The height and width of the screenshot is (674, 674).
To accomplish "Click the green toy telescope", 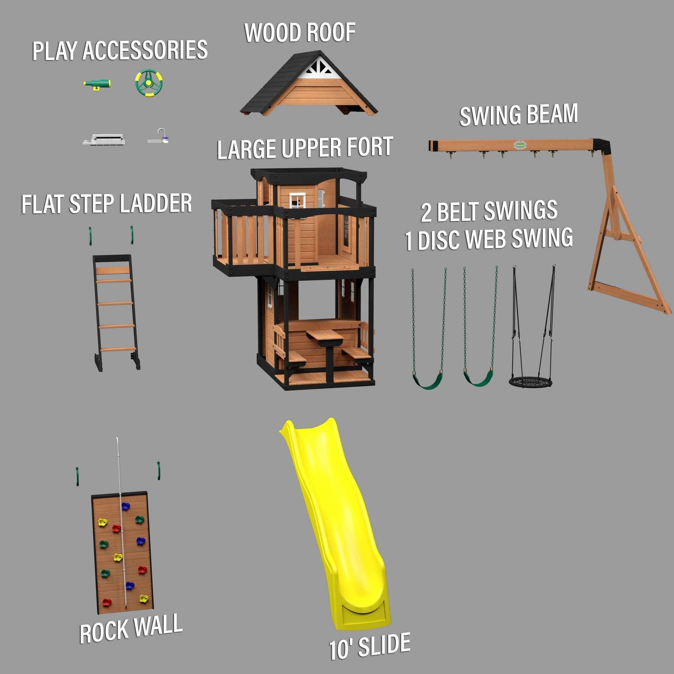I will pos(97,84).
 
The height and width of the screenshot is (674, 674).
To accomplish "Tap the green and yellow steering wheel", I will pos(149,83).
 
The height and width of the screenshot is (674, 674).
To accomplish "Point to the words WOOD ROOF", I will pos(300,33).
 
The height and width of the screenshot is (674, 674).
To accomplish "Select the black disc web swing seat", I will pos(530,381).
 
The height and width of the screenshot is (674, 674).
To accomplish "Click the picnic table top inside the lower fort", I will pos(324,335).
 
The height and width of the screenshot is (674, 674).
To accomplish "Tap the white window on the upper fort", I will pos(297,201).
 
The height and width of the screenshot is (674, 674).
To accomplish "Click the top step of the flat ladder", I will pos(113,271).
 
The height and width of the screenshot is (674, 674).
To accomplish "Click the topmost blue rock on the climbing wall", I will pos(125,506).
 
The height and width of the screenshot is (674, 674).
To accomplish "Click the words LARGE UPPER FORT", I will pos(305,148).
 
